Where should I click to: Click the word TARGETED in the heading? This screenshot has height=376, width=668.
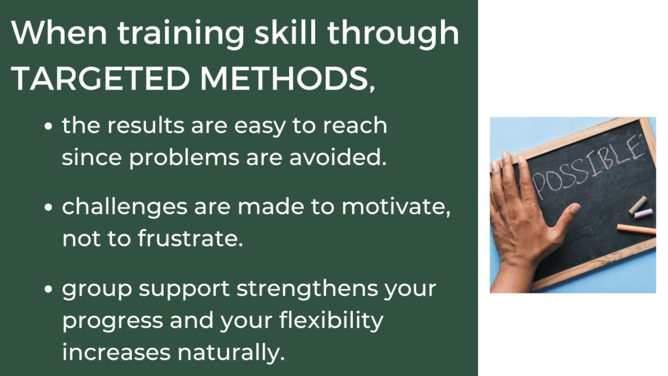tap(100, 78)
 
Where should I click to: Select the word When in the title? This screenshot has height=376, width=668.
tap(59, 33)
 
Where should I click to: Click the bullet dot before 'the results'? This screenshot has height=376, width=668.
tap(48, 127)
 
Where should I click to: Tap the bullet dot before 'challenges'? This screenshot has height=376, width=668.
tap(48, 207)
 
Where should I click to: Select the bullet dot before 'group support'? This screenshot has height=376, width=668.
tap(48, 289)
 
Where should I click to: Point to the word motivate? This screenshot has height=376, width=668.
tap(396, 207)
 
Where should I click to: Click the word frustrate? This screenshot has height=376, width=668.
tap(190, 238)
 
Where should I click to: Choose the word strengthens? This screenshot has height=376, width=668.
tap(307, 288)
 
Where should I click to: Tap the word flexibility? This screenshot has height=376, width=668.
tap(331, 321)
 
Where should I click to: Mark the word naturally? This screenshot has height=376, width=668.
tap(231, 353)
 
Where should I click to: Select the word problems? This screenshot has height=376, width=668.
tap(184, 158)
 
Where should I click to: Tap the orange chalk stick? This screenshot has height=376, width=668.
tap(637, 229)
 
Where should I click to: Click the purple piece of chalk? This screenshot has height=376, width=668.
tap(643, 213)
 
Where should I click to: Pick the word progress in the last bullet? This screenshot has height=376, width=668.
tap(112, 321)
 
